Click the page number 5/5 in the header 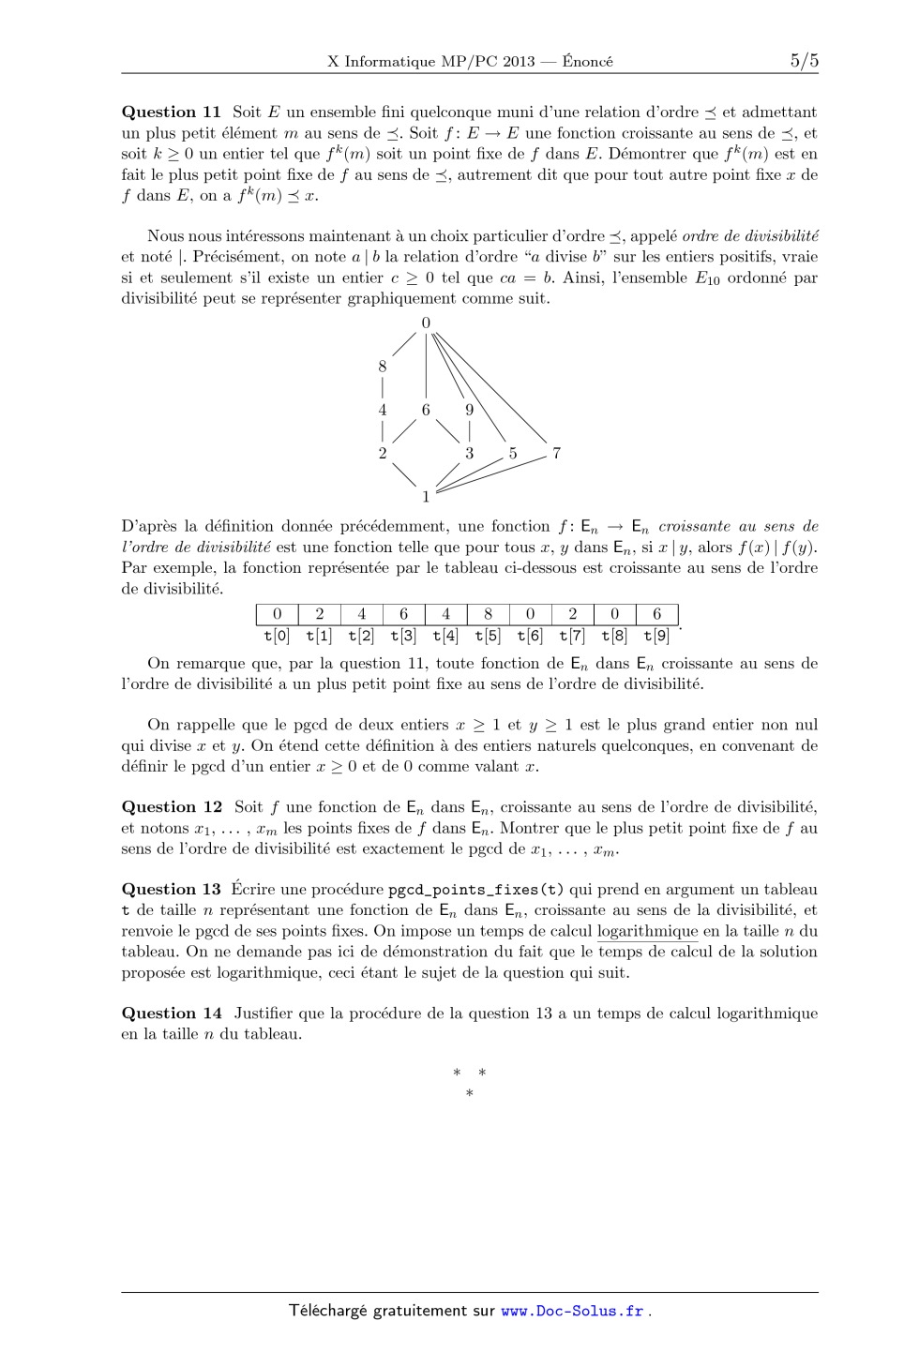point(804,62)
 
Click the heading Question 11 point(172,113)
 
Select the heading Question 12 point(172,807)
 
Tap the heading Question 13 point(172,890)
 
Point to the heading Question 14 point(172,1013)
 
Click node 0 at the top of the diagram point(426,323)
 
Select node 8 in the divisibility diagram point(383,368)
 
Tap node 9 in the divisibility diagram point(469,411)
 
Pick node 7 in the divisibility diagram point(556,454)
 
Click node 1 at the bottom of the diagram point(426,496)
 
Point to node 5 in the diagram point(513,454)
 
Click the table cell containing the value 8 point(488,614)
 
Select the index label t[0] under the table point(277,636)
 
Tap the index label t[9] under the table point(656,636)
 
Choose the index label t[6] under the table point(530,636)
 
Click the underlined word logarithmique point(647,931)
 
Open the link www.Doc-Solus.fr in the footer point(572,1311)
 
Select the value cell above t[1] point(319,614)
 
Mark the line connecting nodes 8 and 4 point(383,388)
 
